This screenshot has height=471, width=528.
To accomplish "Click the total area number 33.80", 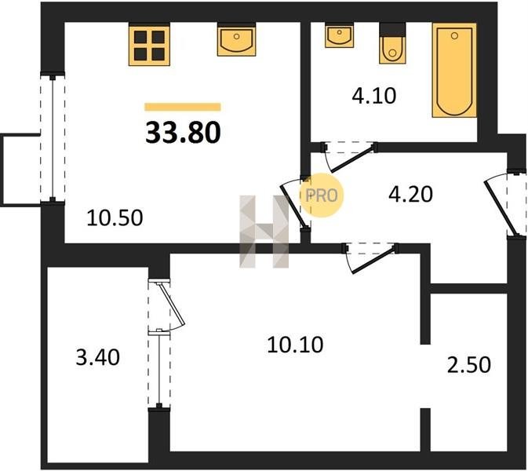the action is [x=183, y=133].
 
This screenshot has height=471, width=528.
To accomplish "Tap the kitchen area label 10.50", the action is [x=115, y=217].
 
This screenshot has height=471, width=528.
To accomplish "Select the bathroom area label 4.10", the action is [x=373, y=96].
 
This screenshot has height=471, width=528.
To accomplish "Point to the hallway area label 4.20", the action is [x=410, y=195].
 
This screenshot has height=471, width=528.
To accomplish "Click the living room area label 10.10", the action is [x=295, y=345].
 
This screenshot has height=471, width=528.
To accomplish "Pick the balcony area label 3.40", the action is [x=97, y=357].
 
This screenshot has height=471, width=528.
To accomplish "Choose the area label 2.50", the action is [x=469, y=365].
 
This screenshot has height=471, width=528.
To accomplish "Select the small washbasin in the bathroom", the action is [x=339, y=36].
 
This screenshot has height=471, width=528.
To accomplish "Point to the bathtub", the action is [x=454, y=71].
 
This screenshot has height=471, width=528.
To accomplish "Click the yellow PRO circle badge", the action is [x=322, y=195].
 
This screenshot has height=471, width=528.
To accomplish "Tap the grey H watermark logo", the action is [x=264, y=232].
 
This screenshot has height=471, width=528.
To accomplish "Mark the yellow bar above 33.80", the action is [x=183, y=107].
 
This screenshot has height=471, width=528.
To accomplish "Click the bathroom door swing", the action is [x=350, y=157].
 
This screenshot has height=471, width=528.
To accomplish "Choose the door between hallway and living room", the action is [x=371, y=259].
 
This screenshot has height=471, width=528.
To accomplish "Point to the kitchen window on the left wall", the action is [x=53, y=138].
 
